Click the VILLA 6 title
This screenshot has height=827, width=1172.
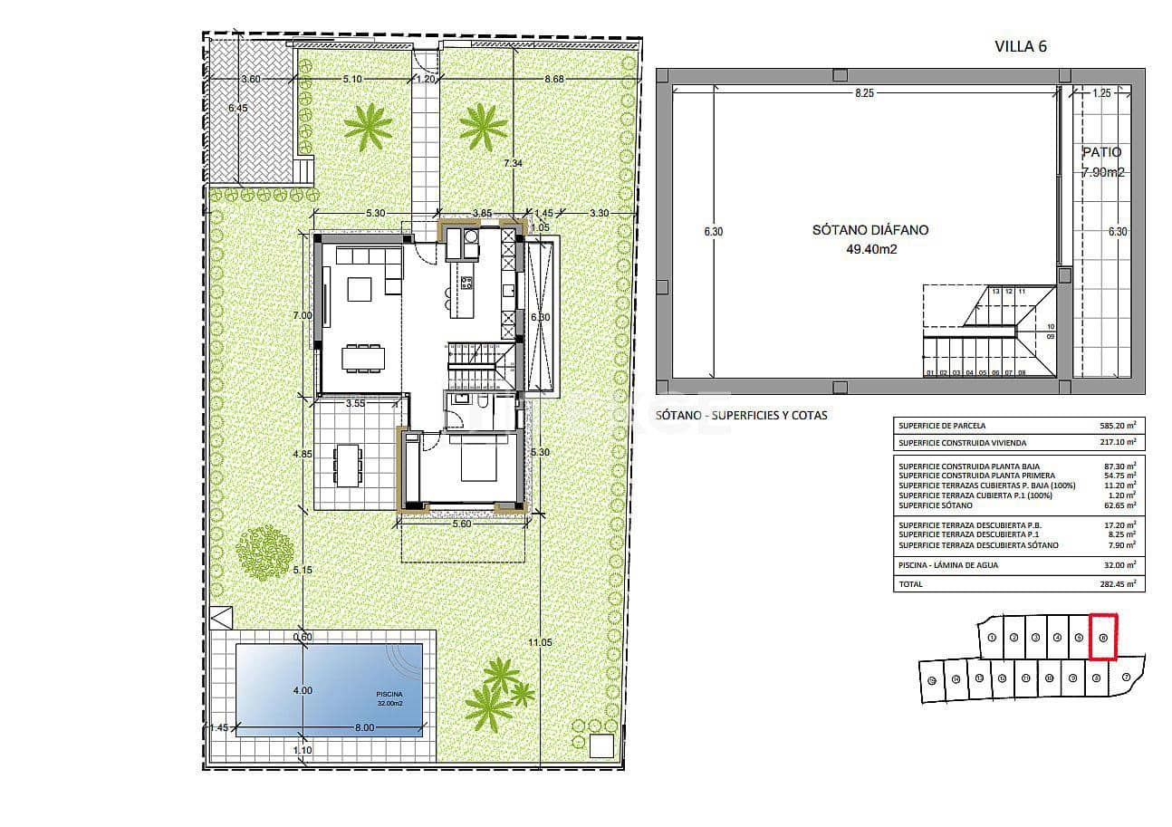(1020, 47)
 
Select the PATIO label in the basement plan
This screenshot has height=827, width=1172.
(1100, 153)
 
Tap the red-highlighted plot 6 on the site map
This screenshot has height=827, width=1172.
(1103, 637)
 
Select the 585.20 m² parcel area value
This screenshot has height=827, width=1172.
(1117, 425)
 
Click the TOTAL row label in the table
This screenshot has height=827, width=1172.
(910, 584)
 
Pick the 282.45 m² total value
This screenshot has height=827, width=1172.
(1117, 584)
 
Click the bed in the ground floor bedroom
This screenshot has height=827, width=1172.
(479, 460)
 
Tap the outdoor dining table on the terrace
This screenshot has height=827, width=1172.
(347, 465)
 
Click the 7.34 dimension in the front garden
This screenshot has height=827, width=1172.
(514, 163)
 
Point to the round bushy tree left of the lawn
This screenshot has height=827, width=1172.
(264, 549)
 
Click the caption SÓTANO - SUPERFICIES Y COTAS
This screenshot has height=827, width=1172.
(741, 415)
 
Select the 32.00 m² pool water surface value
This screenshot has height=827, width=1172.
(1117, 563)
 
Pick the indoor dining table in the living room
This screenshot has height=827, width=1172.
(362, 357)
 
